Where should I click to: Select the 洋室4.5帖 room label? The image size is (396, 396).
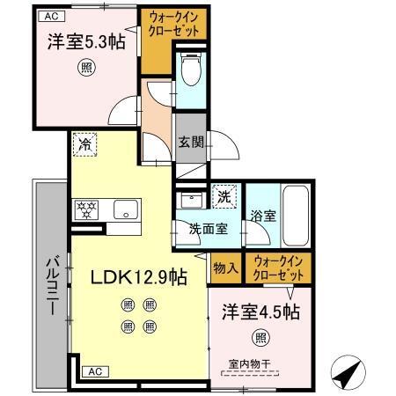tap(260, 312)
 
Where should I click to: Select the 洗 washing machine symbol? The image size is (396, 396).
tap(225, 196)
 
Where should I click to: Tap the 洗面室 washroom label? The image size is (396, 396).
tap(209, 228)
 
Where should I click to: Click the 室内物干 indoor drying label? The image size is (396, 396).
tap(248, 363)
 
